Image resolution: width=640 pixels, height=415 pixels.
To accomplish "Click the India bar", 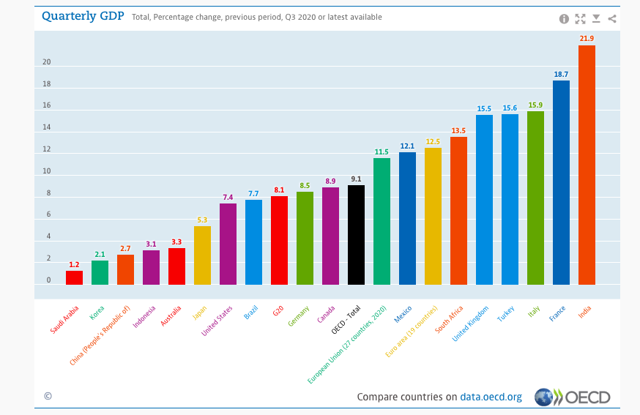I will click(587, 165).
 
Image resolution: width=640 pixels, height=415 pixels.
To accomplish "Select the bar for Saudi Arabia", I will click(74, 277).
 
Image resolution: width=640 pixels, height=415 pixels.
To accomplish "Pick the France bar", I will click(561, 182).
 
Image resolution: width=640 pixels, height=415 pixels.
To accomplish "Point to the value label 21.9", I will click(587, 38).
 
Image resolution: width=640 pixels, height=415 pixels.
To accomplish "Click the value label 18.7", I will click(561, 74).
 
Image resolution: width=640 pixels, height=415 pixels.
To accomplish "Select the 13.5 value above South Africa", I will click(458, 130).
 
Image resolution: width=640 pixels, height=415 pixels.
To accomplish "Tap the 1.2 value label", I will click(74, 264).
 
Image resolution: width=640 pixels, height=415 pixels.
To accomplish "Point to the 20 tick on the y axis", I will click(46, 62).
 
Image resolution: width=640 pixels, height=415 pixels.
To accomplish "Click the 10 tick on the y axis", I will click(46, 171).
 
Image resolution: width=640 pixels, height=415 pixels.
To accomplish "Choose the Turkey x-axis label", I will click(506, 314).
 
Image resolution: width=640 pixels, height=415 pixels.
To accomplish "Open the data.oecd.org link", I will click(491, 397).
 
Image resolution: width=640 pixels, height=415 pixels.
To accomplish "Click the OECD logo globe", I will click(543, 397).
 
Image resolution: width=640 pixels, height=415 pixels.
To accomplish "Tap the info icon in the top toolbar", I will click(564, 19).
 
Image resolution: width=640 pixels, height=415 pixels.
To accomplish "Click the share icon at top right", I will click(612, 19).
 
